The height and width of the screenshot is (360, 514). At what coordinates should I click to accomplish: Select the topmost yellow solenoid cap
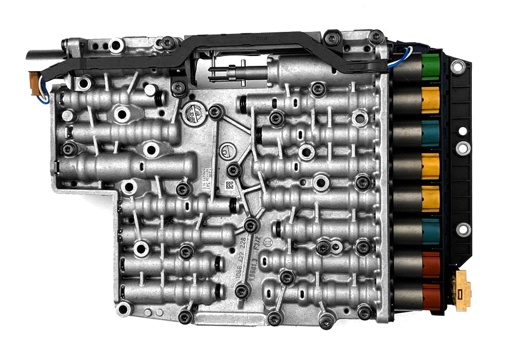click(430, 99)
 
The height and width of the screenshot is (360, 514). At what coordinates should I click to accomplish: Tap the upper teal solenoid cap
click(430, 133)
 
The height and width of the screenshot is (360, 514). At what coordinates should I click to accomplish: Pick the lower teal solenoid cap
click(430, 231)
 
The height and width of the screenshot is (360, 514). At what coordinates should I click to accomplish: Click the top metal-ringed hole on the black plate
click(457, 66)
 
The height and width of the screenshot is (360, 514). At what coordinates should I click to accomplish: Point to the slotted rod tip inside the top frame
click(218, 71)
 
